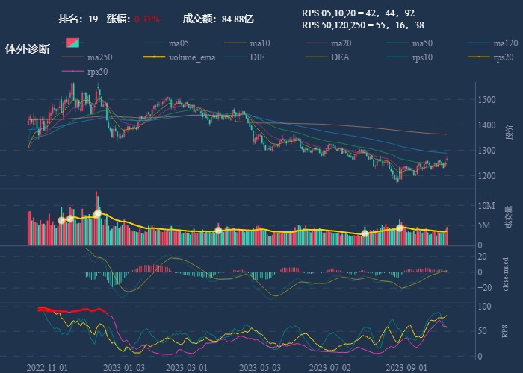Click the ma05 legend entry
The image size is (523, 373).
[178, 43]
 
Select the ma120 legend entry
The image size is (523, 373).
[504, 43]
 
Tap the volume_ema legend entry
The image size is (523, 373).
[192, 57]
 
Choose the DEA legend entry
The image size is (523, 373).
[340, 57]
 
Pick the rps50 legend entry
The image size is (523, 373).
[97, 72]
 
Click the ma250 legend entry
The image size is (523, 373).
[99, 57]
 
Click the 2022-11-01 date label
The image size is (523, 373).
[47, 367]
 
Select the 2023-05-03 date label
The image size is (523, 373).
[261, 367]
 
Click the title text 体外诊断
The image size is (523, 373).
[28, 49]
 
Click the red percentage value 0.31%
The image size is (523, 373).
[147, 19]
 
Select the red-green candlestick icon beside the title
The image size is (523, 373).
[73, 43]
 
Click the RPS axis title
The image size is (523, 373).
[506, 330]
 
